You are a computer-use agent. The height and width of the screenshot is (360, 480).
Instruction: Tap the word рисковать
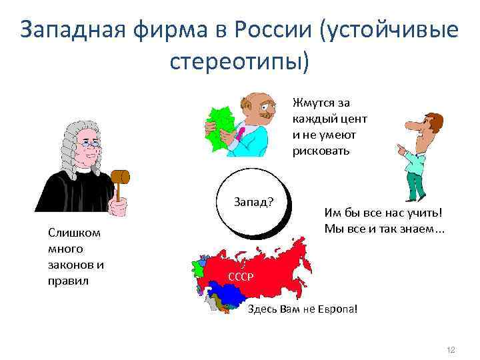[321, 150]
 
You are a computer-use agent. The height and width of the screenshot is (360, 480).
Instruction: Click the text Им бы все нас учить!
[383, 214]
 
